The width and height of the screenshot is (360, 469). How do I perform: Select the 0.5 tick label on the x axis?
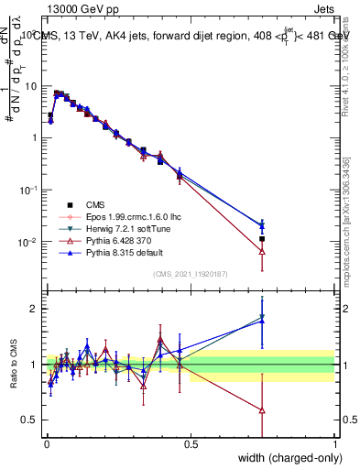coord(191,445)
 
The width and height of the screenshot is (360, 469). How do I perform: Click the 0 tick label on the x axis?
coord(46,445)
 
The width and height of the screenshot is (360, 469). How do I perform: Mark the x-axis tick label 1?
coord(335,445)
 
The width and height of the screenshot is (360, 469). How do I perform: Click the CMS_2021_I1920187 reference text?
coord(191,274)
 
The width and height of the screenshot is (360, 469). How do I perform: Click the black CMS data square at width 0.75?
coord(263,239)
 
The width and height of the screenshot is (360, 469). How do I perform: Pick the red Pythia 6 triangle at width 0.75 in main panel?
coord(263,251)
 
